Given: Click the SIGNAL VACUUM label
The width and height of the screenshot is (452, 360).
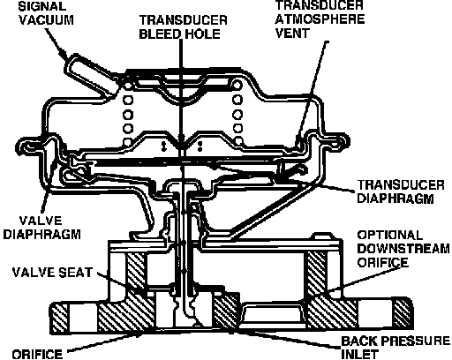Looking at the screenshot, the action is pos(46,13).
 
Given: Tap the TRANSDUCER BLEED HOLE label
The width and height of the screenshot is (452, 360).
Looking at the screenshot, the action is pos(183,27).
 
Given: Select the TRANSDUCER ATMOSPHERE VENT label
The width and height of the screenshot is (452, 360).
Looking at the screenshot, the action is pos(320,19).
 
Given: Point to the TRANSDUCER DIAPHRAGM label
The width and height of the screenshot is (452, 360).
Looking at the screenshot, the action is pos(401,191).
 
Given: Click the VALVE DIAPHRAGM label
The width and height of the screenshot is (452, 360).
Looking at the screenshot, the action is pos(41,228).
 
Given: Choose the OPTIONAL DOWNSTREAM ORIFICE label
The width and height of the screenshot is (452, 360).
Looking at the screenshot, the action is pos(403,249).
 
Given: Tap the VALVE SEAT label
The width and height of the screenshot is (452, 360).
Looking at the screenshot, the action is pos(52,273).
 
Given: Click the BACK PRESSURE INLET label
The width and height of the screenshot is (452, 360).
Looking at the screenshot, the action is pos(395,348).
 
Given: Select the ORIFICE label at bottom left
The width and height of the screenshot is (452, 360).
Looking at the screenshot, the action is pos(37,354).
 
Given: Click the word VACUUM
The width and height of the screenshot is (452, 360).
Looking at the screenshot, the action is pos(46,20).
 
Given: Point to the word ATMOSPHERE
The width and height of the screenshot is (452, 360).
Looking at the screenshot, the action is pos(320,19).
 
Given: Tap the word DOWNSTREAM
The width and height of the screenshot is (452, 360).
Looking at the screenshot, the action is pos(403,249).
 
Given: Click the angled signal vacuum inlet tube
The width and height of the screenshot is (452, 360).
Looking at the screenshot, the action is pos(90,75).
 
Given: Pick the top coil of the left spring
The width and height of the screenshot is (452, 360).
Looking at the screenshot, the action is pos(128,86).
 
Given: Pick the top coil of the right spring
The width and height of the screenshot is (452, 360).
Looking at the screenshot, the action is pos(237,86).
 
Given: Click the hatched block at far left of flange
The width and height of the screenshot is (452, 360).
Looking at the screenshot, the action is pos(60,318).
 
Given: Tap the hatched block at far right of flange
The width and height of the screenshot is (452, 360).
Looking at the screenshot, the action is pos(403,313).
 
